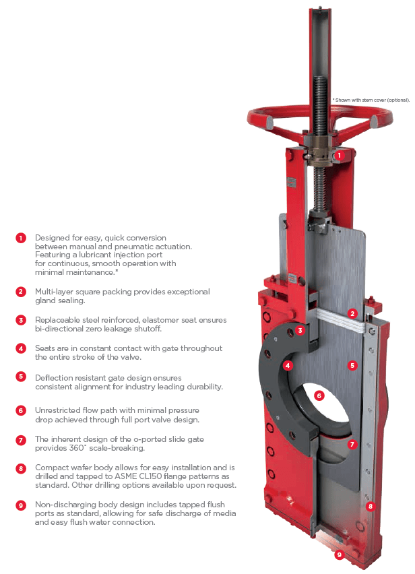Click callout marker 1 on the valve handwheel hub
(x=340, y=154)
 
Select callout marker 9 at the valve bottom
(x=340, y=555)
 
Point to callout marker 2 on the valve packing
(x=352, y=313)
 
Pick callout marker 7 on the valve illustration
(x=352, y=444)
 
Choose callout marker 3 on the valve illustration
(x=301, y=330)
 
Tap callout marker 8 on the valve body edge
(x=369, y=505)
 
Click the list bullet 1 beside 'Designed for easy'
(x=21, y=238)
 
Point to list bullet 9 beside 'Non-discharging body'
(x=21, y=504)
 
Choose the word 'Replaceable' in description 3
(x=58, y=320)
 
